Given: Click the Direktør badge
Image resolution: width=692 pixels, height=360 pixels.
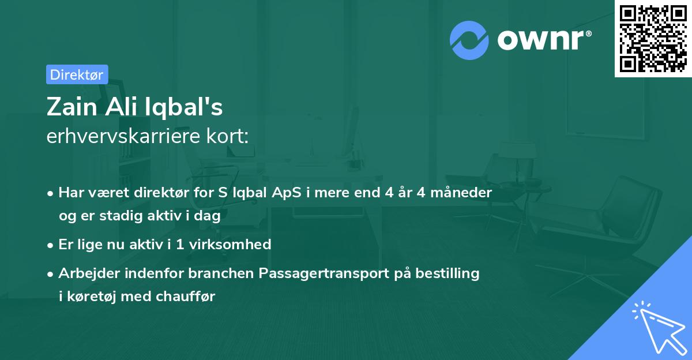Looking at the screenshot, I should tap(77, 74).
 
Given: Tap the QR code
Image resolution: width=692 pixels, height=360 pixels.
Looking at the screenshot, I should tap(653, 38).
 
